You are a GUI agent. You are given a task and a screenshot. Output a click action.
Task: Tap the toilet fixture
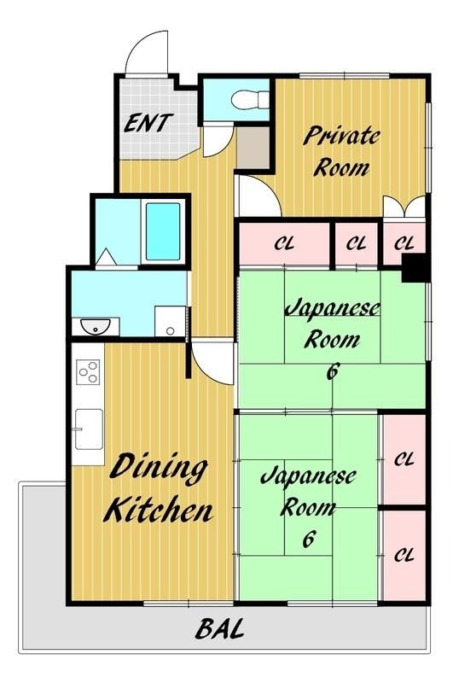click(249, 100)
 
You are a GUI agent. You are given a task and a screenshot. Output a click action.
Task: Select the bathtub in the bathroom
click(163, 231)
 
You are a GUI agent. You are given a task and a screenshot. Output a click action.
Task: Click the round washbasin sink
click(96, 327)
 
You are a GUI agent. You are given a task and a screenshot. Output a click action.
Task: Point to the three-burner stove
click(88, 372)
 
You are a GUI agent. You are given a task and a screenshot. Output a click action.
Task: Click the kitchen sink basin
click(89, 429)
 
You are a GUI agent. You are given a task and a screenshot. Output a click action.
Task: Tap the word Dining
click(158, 470)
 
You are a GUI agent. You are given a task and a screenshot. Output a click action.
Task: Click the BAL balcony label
click(219, 629)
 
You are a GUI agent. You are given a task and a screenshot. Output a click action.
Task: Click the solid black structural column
click(415, 267)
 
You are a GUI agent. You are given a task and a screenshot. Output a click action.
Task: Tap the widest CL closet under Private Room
click(284, 243)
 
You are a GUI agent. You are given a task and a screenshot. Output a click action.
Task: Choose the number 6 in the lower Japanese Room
click(308, 539)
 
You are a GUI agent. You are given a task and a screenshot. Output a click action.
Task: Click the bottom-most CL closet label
click(404, 555)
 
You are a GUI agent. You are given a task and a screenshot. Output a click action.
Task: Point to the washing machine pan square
click(170, 321)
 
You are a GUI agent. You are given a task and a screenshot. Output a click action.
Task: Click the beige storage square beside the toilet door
click(253, 148)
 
